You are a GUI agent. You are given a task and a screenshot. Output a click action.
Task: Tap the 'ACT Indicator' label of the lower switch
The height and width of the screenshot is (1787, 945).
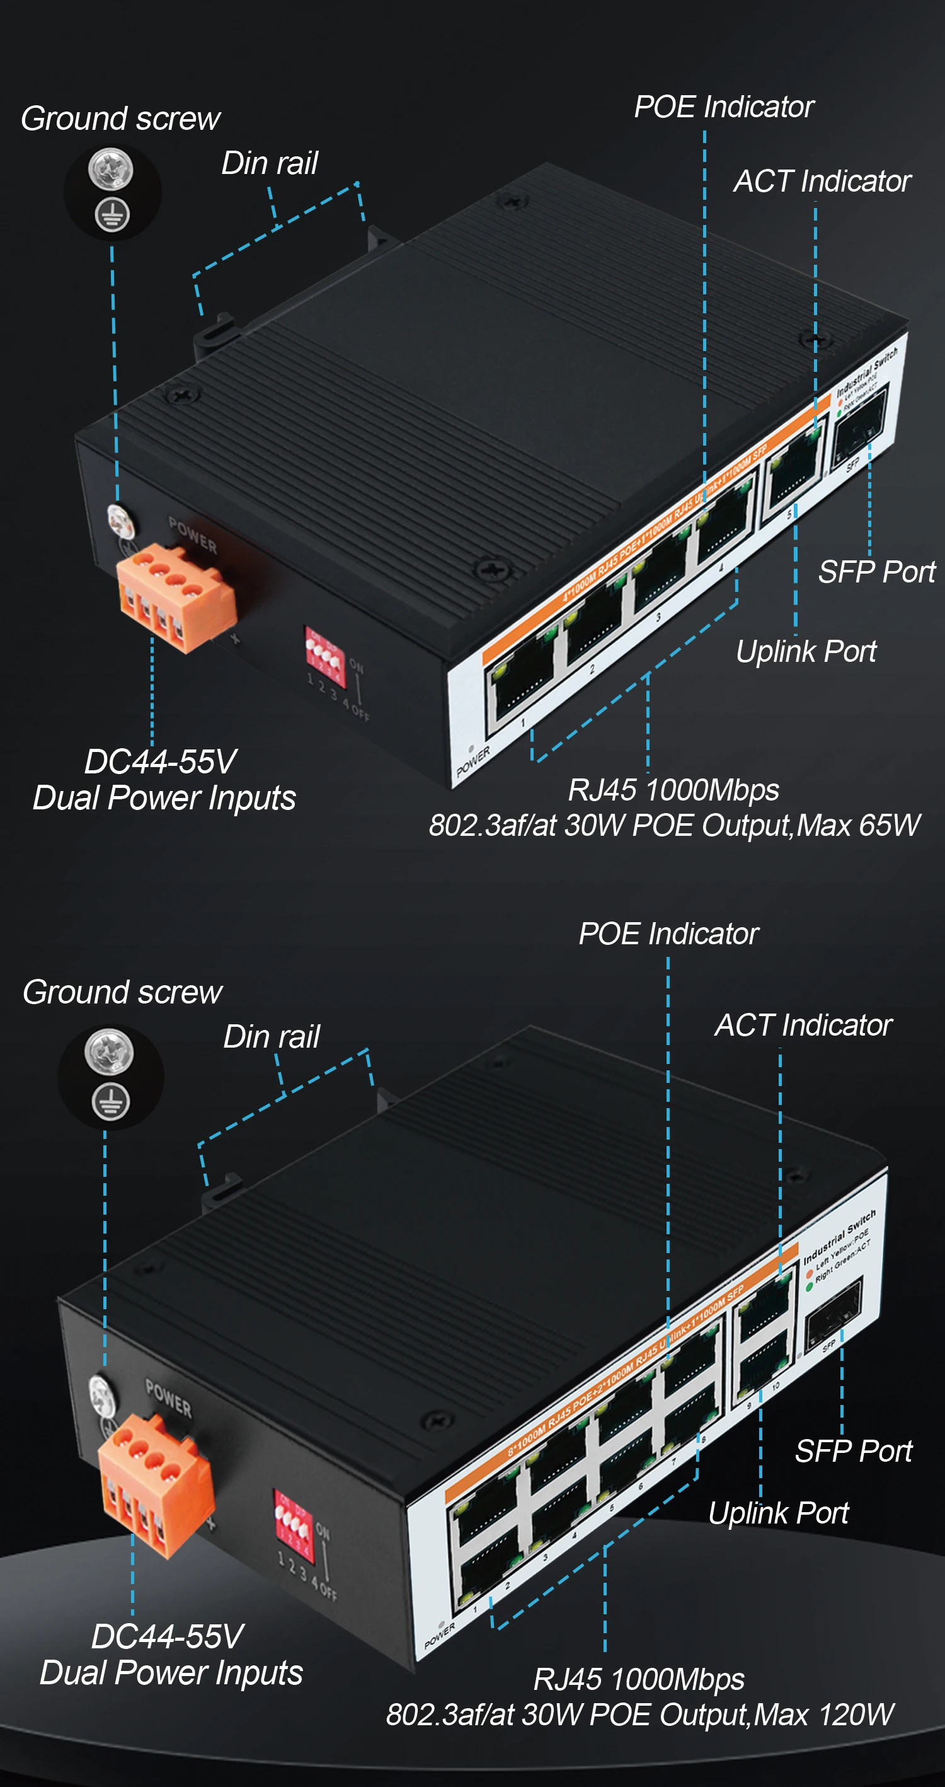pyautogui.click(x=803, y=1026)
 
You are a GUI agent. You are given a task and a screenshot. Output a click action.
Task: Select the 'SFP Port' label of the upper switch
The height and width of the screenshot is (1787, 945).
pyautogui.click(x=876, y=572)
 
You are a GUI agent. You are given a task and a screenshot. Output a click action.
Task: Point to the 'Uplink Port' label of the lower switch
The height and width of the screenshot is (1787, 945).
pyautogui.click(x=778, y=1513)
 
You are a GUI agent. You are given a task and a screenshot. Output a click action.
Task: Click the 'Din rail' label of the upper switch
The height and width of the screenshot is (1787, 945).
pyautogui.click(x=269, y=164)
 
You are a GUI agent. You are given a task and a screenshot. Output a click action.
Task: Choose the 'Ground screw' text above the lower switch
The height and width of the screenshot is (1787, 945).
pyautogui.click(x=123, y=993)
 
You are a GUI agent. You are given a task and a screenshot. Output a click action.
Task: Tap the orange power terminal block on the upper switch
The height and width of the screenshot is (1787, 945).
pyautogui.click(x=174, y=596)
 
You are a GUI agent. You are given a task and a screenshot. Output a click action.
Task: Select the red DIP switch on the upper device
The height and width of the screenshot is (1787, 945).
pyautogui.click(x=324, y=656)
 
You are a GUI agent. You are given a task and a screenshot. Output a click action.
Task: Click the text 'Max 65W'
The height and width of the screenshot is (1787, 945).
pyautogui.click(x=858, y=826)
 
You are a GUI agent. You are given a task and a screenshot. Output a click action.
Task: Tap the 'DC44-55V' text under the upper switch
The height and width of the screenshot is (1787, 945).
pyautogui.click(x=161, y=761)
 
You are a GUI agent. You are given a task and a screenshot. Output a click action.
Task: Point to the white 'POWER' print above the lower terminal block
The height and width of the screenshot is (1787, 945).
pyautogui.click(x=168, y=1396)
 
